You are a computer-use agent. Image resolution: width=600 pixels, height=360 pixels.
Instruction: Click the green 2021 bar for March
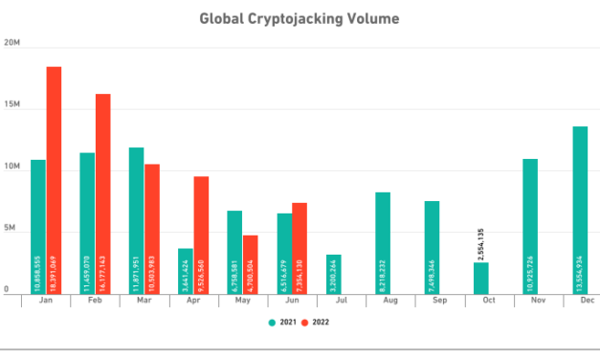click(137, 219)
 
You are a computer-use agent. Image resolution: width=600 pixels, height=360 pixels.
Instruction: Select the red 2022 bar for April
click(201, 234)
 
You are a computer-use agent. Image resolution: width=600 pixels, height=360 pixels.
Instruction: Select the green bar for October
click(480, 277)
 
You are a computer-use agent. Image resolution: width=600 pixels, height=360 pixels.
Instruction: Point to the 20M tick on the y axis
click(12, 44)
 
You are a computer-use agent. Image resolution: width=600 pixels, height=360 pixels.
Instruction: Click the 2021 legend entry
click(281, 325)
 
